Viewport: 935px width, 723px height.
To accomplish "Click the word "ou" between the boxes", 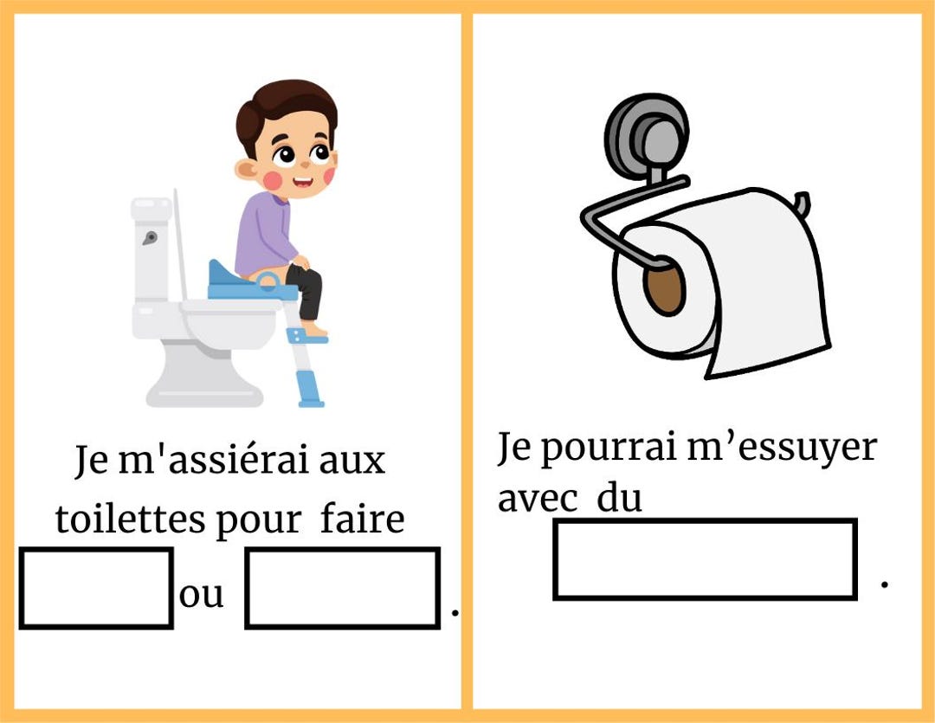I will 201,596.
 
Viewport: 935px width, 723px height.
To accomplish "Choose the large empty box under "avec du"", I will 705,559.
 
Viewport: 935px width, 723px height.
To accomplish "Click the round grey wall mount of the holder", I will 646,134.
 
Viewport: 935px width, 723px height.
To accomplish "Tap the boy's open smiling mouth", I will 303,183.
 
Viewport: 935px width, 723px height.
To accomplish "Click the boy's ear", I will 248,170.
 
